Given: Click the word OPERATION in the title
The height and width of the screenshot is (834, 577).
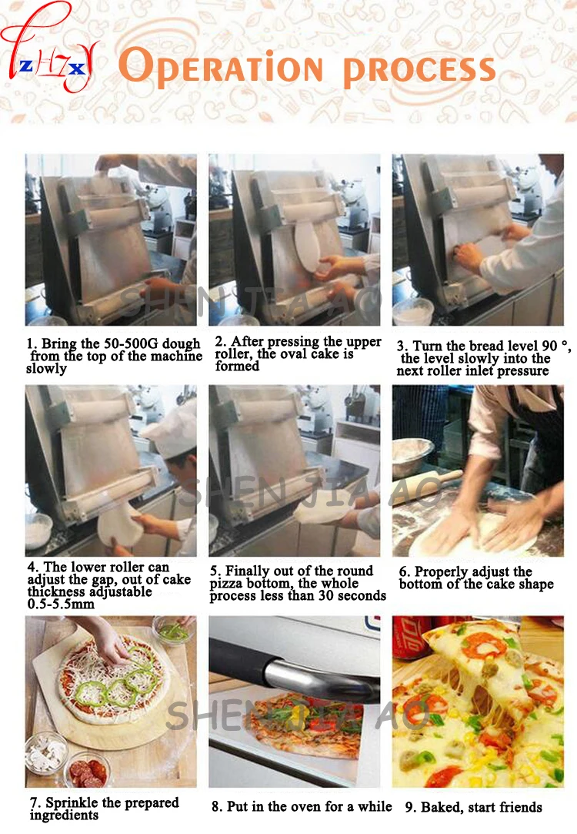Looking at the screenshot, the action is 221,67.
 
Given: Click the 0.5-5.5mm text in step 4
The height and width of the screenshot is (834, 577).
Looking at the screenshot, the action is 61,605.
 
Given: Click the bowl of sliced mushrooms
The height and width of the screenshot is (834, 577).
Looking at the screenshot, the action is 47,752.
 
